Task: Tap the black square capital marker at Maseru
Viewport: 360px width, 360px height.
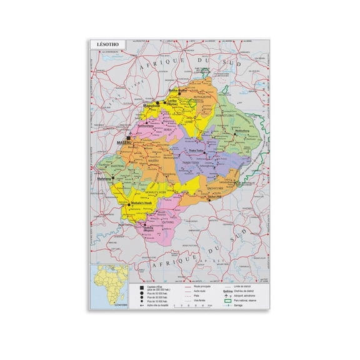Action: [x=129, y=138]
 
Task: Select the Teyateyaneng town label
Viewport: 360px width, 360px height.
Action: [x=145, y=126]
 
